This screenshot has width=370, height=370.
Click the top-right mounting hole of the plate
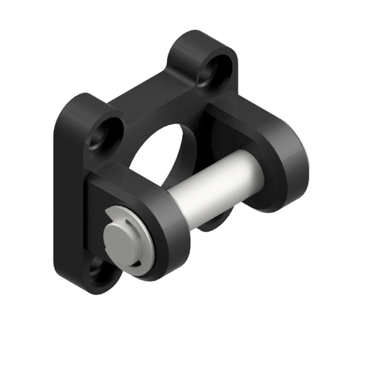[x=215, y=68]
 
